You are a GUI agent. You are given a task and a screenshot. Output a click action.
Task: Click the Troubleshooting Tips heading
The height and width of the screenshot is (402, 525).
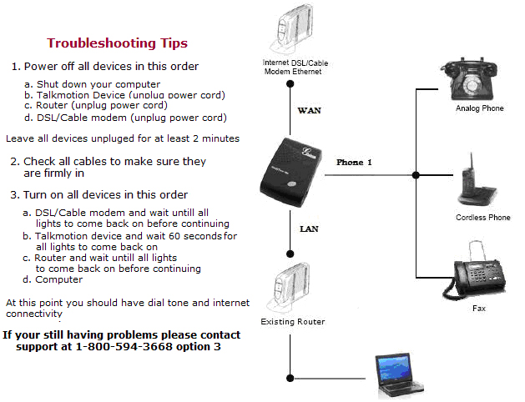tap(117, 43)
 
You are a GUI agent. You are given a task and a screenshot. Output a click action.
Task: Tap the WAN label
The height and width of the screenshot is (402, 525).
tap(310, 110)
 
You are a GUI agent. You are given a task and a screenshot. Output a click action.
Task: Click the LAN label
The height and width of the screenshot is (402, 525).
tap(309, 227)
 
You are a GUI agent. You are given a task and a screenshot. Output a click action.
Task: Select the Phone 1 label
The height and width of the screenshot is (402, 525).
tap(354, 162)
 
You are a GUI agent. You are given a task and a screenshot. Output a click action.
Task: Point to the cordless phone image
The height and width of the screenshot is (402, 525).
tap(475, 183)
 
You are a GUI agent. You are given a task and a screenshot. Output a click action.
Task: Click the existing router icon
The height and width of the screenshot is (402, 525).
tap(289, 288)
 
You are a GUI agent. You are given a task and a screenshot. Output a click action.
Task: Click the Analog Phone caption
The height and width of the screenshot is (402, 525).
tap(479, 108)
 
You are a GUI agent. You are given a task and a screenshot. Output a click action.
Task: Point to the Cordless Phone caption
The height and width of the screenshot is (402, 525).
tap(482, 218)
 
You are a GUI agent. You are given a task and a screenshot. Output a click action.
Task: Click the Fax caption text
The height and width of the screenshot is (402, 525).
tap(478, 309)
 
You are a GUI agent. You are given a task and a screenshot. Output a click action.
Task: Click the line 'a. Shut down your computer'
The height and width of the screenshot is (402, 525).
tap(92, 83)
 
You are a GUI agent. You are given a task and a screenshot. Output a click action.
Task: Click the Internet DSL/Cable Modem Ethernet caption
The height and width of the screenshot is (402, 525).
tap(289, 68)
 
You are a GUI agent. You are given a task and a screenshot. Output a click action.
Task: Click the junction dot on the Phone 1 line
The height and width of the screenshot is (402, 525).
tap(416, 175)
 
